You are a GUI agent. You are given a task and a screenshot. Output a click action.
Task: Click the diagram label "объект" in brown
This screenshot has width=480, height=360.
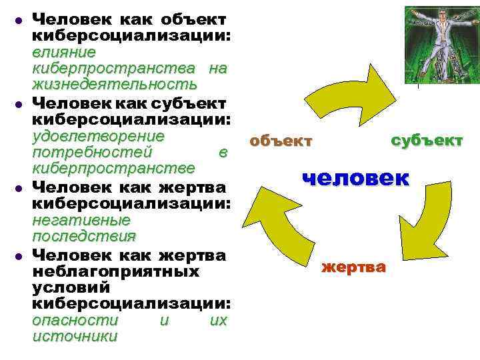click(x=280, y=141)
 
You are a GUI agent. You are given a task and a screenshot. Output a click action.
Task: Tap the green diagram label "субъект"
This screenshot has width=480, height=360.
click(x=427, y=141)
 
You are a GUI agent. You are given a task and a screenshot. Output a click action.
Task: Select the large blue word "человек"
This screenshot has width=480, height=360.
click(x=356, y=178)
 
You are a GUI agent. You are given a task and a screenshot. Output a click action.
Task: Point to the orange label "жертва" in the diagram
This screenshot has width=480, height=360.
click(x=353, y=268)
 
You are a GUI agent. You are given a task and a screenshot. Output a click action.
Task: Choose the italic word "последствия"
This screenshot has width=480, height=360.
click(x=83, y=237)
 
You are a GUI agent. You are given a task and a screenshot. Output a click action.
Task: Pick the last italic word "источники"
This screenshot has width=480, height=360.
click(x=74, y=337)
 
